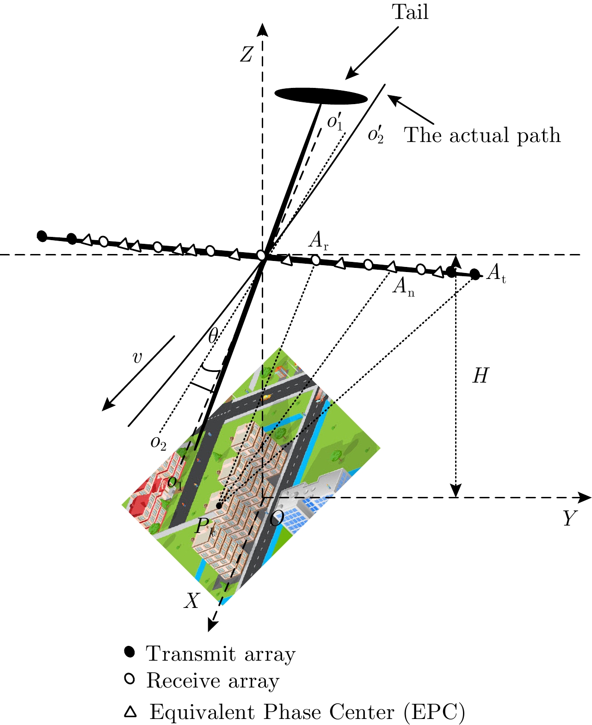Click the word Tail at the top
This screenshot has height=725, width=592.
410,12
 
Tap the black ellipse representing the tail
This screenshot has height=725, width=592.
321,96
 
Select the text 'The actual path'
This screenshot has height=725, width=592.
482,136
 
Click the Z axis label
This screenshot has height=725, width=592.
247,55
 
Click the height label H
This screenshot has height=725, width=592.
480,377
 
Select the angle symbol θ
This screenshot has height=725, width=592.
213,336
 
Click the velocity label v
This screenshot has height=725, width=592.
137,358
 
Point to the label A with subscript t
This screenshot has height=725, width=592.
496,274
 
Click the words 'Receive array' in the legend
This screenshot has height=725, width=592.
213,681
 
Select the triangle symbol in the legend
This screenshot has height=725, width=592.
130,711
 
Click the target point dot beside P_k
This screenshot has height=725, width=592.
219,506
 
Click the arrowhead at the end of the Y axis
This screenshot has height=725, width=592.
586,498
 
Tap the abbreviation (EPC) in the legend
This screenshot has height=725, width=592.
434,713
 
